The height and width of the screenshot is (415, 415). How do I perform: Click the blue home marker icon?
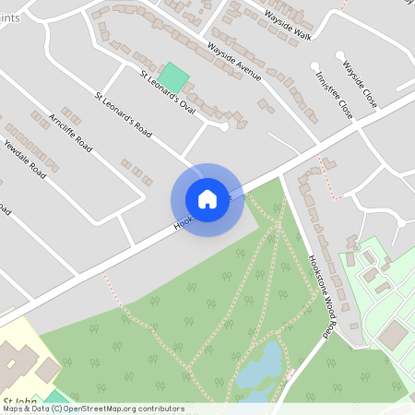(207, 199)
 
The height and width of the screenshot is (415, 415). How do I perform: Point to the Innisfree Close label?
(333, 94)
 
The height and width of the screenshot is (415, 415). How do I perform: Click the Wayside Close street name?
(359, 84)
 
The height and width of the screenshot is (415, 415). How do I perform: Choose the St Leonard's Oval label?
(168, 93)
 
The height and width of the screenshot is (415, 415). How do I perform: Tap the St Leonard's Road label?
(123, 114)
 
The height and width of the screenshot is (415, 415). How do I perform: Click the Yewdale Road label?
(25, 159)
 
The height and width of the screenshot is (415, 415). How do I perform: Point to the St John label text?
(20, 399)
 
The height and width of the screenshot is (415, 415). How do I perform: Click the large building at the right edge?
(396, 334)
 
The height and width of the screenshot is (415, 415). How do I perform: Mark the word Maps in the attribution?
(13, 409)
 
